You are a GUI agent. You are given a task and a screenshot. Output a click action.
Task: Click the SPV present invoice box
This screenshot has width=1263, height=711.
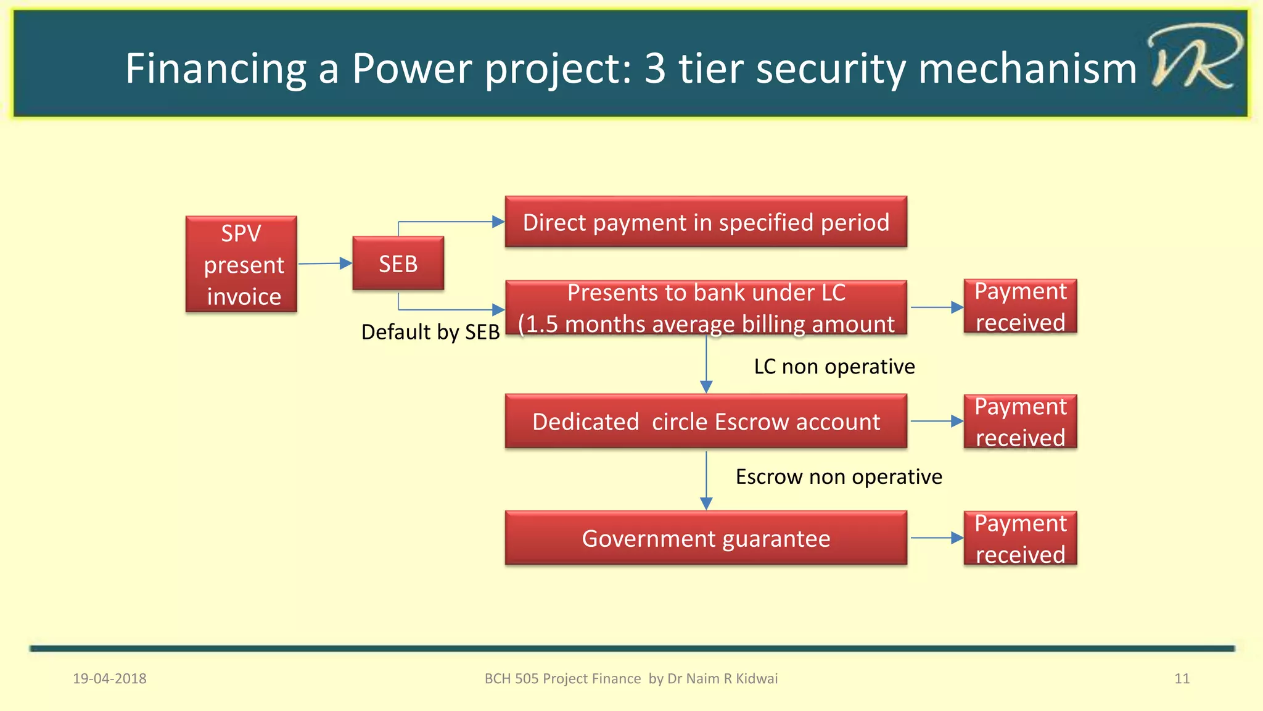click(x=241, y=264)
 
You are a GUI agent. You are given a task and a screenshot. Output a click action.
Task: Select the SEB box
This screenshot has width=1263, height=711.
click(x=398, y=264)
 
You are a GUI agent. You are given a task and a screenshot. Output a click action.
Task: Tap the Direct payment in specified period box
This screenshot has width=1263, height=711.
click(x=706, y=222)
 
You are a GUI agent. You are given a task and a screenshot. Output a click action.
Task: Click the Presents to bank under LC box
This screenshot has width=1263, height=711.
click(x=706, y=307)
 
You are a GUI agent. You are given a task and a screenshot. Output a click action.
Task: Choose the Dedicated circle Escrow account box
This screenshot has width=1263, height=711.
click(x=706, y=422)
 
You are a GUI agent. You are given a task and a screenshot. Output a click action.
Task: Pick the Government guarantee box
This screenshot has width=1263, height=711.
click(x=706, y=538)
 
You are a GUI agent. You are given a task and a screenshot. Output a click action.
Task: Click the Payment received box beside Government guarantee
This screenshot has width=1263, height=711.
click(x=1020, y=538)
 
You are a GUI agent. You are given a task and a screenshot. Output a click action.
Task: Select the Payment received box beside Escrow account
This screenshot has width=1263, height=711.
click(x=1020, y=422)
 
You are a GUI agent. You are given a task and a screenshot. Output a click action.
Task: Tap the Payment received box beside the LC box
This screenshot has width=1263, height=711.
click(x=1020, y=307)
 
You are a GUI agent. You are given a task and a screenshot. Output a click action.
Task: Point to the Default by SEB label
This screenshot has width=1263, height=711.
click(x=430, y=332)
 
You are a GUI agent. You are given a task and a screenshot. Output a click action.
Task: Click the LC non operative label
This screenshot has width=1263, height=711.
click(x=834, y=367)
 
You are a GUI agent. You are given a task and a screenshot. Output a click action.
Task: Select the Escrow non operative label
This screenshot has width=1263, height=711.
click(x=839, y=476)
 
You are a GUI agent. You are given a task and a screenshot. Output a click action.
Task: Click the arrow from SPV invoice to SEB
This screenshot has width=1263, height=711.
click(x=324, y=264)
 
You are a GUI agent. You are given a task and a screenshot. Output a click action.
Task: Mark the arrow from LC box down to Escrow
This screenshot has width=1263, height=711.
click(x=706, y=364)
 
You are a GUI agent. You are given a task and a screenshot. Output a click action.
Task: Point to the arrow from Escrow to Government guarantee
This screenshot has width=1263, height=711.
click(x=706, y=480)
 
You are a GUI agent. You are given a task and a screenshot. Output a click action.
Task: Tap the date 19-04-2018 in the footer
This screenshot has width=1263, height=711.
click(x=110, y=678)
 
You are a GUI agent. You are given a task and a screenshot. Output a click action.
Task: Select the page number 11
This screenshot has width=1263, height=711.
click(x=1182, y=678)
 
